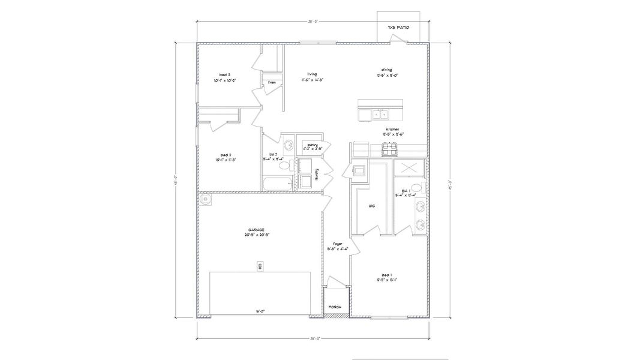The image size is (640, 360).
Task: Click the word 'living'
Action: tap(312, 74)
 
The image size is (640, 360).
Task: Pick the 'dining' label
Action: tap(386, 70)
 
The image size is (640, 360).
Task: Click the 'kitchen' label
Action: tap(393, 129)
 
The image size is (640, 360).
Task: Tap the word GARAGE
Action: tap(257, 230)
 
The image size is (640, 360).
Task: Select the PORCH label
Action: tap(335, 307)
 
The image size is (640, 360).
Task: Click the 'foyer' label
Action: tap(337, 243)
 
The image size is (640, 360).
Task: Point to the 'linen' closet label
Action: tap(272, 82)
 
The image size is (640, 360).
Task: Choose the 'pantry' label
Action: tap(313, 145)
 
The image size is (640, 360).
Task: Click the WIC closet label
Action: tap(371, 206)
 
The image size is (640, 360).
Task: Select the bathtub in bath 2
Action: tap(277, 183)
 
